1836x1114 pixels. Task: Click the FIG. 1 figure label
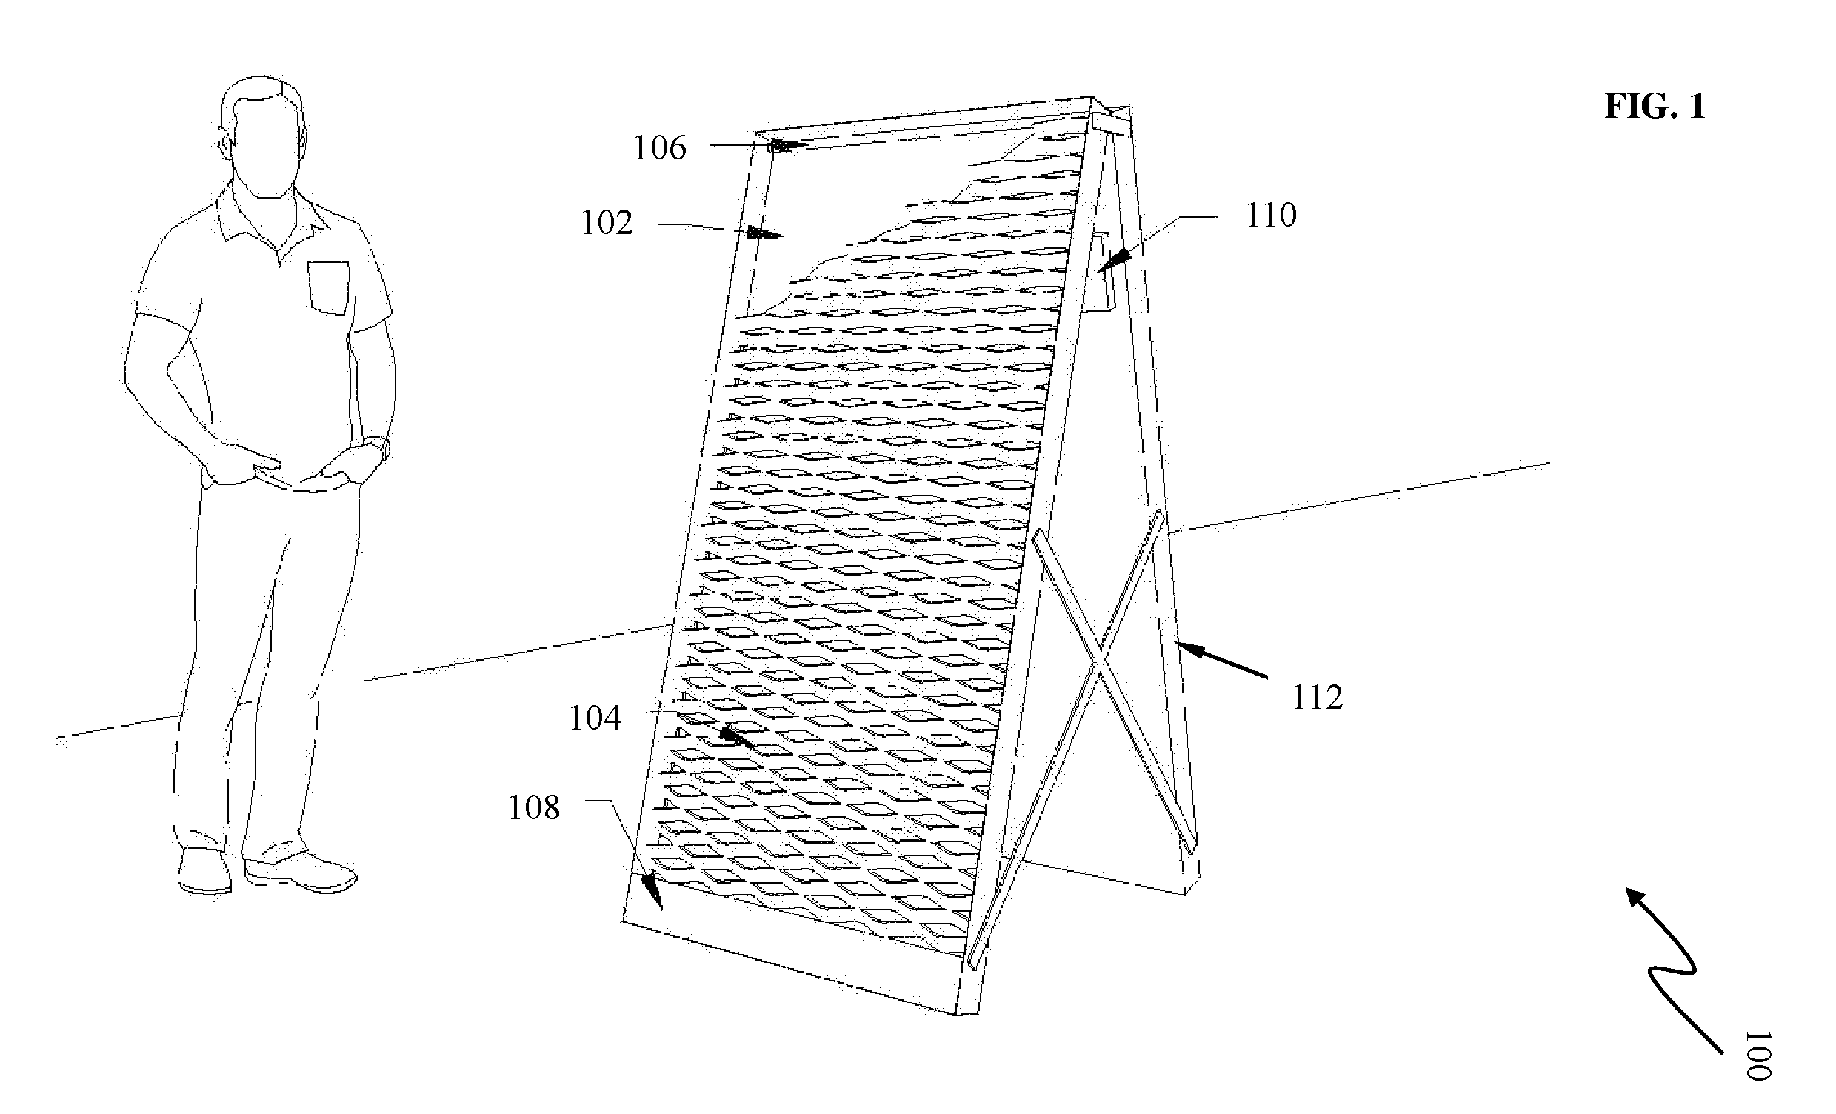pos(1655,107)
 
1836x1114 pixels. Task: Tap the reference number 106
pos(659,147)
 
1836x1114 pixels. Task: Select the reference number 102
pos(607,222)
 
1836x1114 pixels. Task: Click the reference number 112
pos(1317,698)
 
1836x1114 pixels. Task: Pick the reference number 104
pos(595,718)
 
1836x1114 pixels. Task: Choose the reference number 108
pos(533,808)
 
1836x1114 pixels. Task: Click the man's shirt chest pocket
pos(328,287)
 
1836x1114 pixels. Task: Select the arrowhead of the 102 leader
pos(764,233)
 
